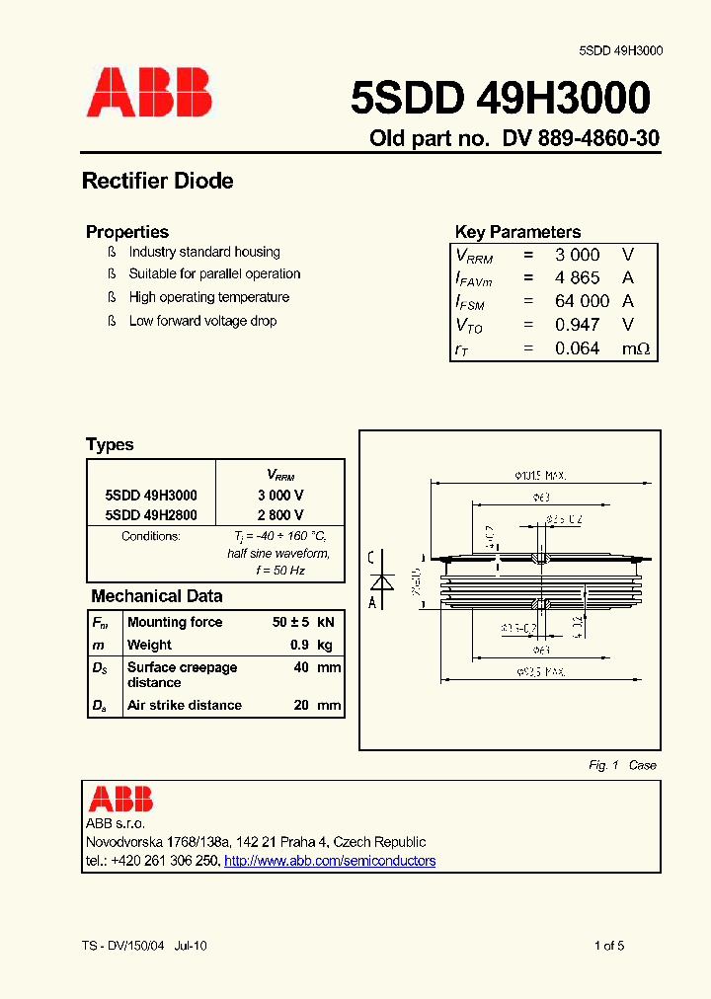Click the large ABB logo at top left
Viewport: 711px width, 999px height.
pos(149,95)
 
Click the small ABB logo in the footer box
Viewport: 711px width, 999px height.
pos(120,799)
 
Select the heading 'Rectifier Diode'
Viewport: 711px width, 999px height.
pos(158,182)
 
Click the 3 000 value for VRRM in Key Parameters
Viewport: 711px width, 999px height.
pos(577,255)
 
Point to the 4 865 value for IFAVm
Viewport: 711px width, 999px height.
pos(577,278)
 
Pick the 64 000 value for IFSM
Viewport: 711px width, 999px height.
pos(582,302)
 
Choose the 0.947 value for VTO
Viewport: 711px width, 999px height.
pos(577,325)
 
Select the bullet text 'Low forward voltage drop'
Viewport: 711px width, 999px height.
pos(202,321)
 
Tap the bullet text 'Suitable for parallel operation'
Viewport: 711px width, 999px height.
pos(214,274)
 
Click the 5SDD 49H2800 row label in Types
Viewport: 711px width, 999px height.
pos(151,515)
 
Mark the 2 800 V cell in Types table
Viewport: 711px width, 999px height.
pos(280,515)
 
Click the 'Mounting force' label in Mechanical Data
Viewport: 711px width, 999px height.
pos(175,622)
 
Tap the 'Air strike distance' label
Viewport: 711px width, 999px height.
pos(185,705)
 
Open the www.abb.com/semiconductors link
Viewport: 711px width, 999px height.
pos(330,861)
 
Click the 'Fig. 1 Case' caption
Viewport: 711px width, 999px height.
pos(622,765)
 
